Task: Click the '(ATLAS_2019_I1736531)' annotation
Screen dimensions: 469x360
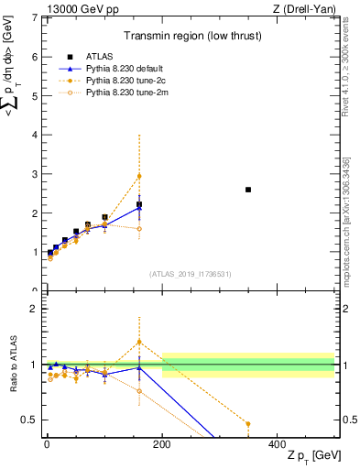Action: [189, 274]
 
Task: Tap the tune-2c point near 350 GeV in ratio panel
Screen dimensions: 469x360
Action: [248, 424]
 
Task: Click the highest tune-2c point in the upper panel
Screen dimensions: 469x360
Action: [139, 176]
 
